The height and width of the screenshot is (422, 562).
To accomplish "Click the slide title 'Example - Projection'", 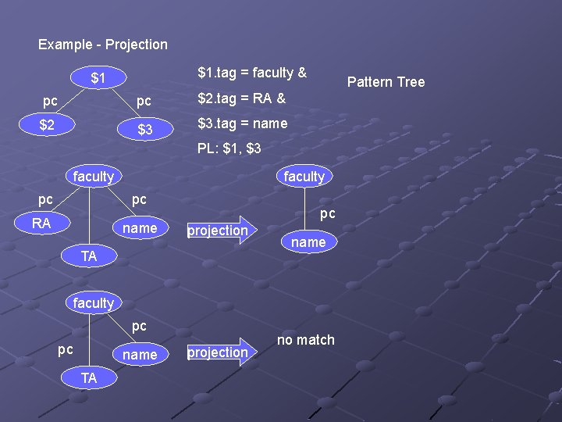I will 103,45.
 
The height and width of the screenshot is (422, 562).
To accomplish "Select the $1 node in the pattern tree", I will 98,78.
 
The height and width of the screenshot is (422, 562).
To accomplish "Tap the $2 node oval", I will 47,125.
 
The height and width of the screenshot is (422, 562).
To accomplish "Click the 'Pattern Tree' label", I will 386,81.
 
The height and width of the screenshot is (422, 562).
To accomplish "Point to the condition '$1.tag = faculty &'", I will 252,73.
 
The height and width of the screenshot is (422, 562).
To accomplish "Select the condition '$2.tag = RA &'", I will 242,98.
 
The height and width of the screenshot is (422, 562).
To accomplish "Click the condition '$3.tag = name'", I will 243,123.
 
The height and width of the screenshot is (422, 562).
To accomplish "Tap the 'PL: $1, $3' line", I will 229,148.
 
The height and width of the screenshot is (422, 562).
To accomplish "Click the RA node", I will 41,224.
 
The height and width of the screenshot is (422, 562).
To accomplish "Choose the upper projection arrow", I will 222,230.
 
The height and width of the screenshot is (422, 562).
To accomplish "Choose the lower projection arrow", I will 222,352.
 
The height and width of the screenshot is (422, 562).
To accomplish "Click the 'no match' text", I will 305,340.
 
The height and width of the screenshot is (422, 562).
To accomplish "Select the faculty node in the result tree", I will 304,177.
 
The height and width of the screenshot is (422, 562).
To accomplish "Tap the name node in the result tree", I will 308,242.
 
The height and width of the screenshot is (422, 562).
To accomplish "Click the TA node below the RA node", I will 89,256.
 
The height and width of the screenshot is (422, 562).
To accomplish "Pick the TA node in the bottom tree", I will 89,377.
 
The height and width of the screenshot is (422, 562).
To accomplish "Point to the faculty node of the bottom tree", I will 93,302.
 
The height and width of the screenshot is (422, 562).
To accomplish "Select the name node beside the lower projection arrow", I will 140,355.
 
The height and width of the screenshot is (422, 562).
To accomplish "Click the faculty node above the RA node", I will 93,177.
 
